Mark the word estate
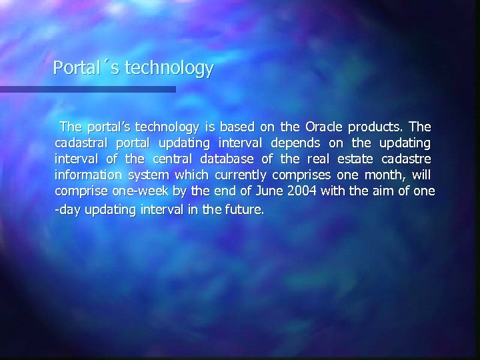click(x=355, y=159)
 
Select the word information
click(x=88, y=175)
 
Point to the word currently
click(x=239, y=175)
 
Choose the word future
click(x=245, y=209)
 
